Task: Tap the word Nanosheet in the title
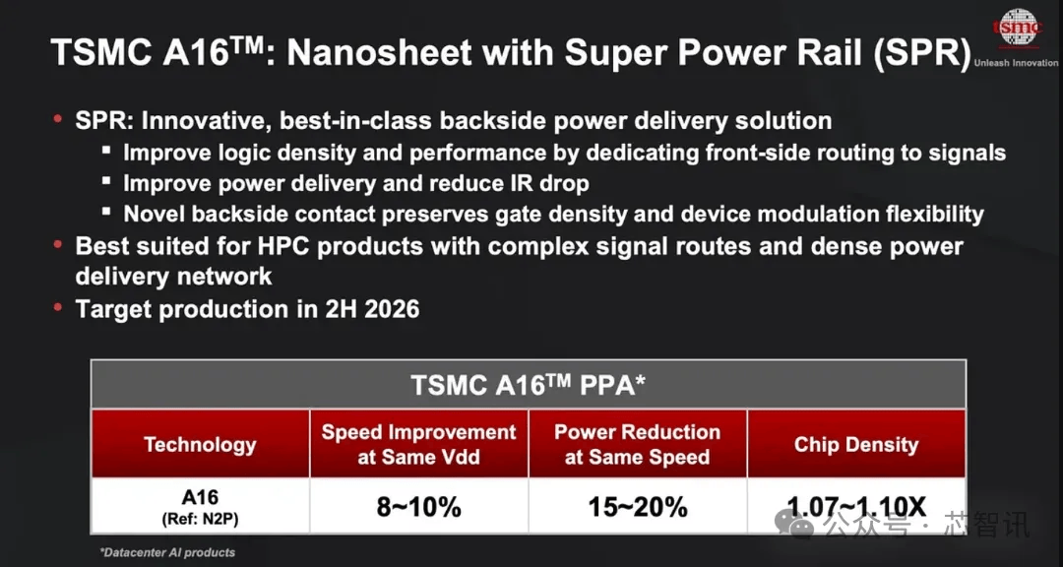click(396, 52)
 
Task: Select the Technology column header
click(200, 445)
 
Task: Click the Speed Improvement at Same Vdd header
click(419, 444)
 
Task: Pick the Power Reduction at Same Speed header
click(637, 444)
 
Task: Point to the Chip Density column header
click(856, 445)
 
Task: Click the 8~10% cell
click(419, 507)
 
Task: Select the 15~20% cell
click(637, 507)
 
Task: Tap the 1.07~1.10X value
click(856, 507)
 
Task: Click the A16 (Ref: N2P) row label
click(200, 506)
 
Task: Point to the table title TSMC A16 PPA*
click(529, 385)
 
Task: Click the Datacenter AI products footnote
click(167, 552)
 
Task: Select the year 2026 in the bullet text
click(392, 309)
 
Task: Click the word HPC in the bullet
click(282, 245)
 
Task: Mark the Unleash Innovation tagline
click(1016, 62)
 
